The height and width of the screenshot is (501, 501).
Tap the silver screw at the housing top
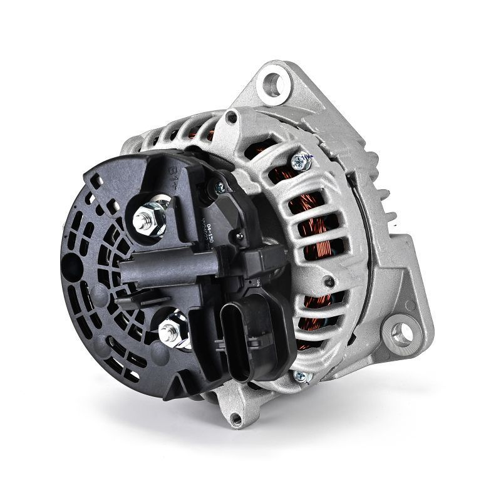pos(299,162)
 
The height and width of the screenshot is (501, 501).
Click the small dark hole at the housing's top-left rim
pos(233,116)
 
